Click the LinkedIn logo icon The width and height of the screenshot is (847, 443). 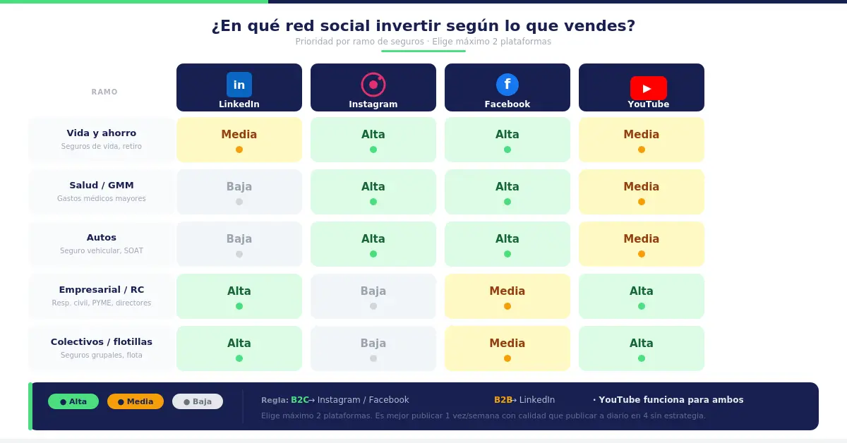click(239, 85)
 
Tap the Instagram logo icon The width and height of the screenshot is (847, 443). click(373, 85)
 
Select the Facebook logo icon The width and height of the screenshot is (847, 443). click(507, 85)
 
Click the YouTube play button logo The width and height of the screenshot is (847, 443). click(648, 88)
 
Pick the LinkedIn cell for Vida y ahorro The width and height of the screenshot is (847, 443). click(239, 140)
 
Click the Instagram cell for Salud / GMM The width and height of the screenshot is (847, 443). click(373, 192)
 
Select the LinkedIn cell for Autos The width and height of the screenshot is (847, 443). click(239, 244)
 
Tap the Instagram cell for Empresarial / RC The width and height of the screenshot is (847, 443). click(373, 296)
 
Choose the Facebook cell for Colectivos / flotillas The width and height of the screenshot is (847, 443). click(507, 348)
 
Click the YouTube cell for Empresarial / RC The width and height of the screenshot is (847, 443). click(642, 296)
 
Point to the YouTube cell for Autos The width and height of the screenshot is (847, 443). click(642, 244)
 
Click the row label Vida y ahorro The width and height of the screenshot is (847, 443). click(102, 133)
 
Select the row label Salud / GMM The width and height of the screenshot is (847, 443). click(102, 186)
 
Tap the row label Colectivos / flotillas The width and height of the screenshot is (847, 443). click(102, 342)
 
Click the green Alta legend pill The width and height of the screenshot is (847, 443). click(73, 401)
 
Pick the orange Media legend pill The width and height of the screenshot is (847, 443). click(136, 401)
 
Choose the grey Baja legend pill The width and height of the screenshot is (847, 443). click(198, 401)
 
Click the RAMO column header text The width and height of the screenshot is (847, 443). click(104, 92)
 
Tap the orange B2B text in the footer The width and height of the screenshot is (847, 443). click(503, 400)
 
